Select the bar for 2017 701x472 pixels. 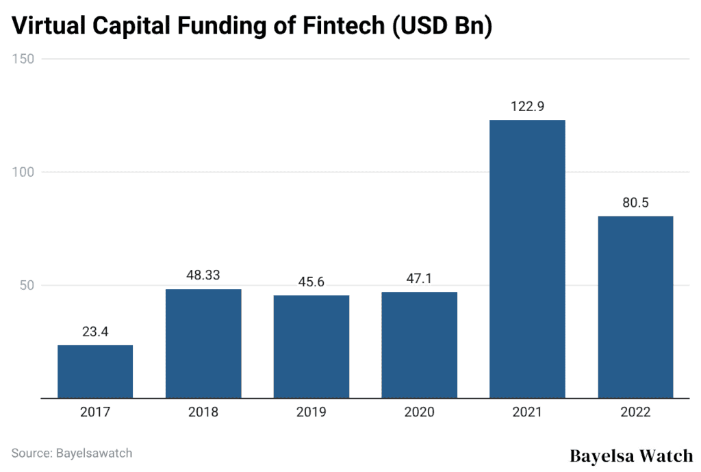click(x=95, y=371)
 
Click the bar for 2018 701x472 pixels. click(x=203, y=343)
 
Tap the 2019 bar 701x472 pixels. click(x=311, y=347)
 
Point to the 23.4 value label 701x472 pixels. click(x=95, y=332)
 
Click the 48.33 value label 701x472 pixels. click(x=203, y=275)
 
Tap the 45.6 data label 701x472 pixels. click(x=311, y=282)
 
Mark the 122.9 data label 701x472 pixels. click(x=527, y=107)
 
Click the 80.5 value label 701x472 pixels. click(x=635, y=203)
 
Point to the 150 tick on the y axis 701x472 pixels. click(x=23, y=59)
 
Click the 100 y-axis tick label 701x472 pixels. click(x=23, y=172)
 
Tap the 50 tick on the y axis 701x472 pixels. click(x=26, y=285)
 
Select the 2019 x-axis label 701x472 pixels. click(x=311, y=412)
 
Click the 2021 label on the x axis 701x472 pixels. click(x=527, y=412)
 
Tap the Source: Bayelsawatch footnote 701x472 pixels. click(x=72, y=453)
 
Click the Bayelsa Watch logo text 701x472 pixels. click(x=631, y=456)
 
